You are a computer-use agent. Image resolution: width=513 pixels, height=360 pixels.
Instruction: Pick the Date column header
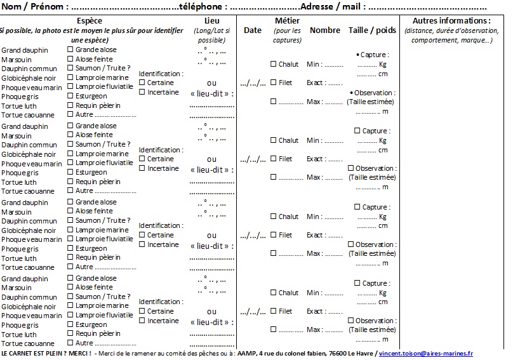pyautogui.click(x=253, y=30)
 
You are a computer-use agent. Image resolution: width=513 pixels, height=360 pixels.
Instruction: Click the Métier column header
pyautogui.click(x=287, y=21)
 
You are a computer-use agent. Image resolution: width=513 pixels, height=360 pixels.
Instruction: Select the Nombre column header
pyautogui.click(x=325, y=30)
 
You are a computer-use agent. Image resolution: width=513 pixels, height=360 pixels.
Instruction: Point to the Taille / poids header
pyautogui.click(x=372, y=30)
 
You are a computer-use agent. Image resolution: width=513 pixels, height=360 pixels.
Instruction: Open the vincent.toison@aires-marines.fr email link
pyautogui.click(x=426, y=353)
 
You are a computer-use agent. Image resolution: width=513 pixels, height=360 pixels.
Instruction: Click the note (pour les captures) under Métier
pyautogui.click(x=287, y=36)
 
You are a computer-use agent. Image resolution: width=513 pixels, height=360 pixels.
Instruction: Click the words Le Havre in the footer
pyautogui.click(x=361, y=353)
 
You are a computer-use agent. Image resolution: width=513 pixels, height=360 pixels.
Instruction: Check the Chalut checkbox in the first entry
pyautogui.click(x=273, y=64)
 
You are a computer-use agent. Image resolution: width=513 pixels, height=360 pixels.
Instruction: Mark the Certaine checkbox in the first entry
pyautogui.click(x=142, y=83)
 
